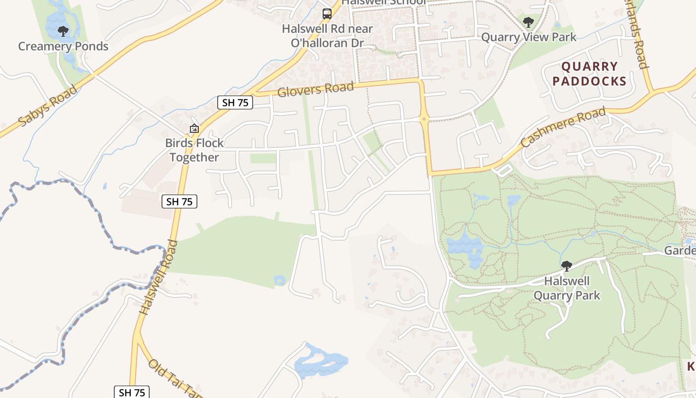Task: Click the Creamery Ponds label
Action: (63, 46)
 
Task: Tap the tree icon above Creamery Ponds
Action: (63, 32)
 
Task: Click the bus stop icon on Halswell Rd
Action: (327, 14)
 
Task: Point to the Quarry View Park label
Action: (529, 37)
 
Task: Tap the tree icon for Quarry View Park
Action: (528, 22)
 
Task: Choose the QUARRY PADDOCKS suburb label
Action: (589, 74)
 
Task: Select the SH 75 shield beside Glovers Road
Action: (235, 102)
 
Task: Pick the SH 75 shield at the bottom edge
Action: (132, 392)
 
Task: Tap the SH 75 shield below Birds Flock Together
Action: (179, 201)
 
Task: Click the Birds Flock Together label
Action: (194, 150)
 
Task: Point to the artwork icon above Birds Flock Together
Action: (194, 129)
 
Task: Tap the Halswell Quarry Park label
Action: (567, 288)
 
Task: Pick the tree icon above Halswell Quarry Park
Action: (566, 266)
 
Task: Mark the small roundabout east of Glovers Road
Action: (424, 118)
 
